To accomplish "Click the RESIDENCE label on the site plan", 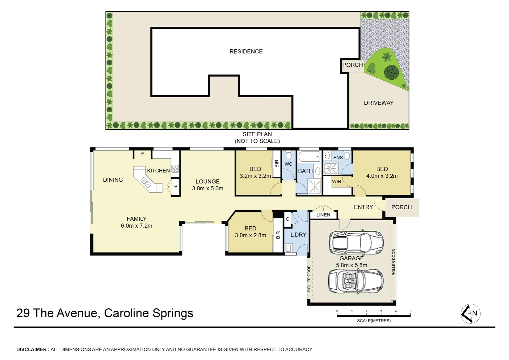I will [246, 51].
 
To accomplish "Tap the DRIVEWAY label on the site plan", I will [378, 103].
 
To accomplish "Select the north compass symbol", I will [470, 314].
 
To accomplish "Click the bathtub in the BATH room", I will [309, 156].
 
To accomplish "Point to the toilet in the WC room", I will [288, 155].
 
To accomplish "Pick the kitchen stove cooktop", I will [175, 169].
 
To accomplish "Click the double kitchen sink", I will [146, 182].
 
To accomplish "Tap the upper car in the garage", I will [356, 242].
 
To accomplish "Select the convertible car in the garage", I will [355, 281].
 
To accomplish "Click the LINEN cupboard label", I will [323, 215].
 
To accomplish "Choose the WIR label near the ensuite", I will [336, 182].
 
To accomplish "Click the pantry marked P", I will [176, 187].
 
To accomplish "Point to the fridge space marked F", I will [143, 154].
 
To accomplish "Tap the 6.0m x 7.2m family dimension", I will [137, 226].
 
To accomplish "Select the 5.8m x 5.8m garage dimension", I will [351, 265].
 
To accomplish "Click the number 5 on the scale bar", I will [410, 311].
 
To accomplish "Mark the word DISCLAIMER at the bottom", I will [32, 349].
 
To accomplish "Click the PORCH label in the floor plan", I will [401, 207].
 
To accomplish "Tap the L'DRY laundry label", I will [298, 235].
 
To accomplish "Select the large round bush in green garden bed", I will [391, 72].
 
